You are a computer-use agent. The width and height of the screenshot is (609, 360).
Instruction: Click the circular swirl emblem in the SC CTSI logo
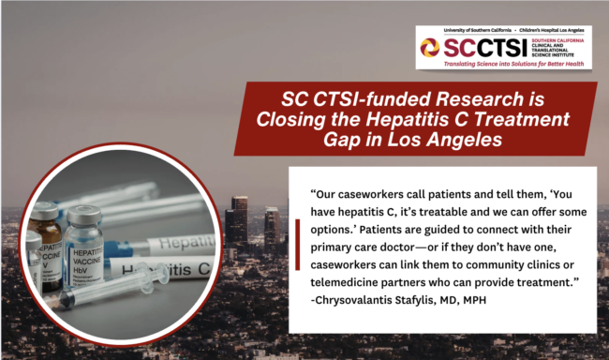(429, 47)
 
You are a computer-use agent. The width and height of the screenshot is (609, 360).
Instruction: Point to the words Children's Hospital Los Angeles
(557, 27)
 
